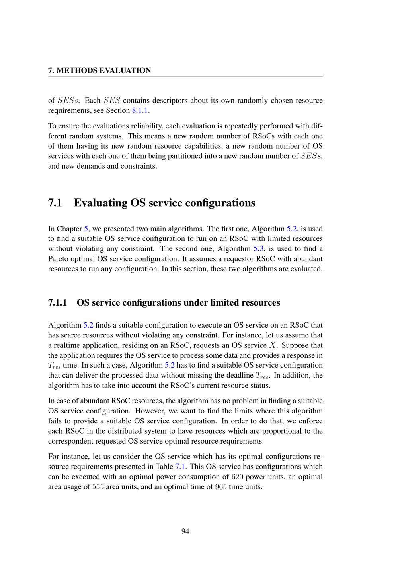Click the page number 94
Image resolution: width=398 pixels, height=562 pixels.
185,531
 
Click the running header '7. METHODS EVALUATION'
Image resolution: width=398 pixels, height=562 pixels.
99,70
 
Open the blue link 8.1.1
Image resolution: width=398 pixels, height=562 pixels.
140,110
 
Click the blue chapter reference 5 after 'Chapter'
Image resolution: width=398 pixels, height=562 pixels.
86,229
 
